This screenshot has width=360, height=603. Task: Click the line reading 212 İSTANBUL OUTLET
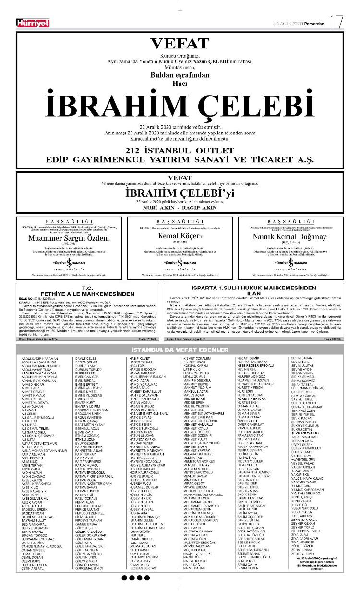click(x=180, y=150)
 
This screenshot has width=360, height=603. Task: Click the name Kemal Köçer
click(x=180, y=238)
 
